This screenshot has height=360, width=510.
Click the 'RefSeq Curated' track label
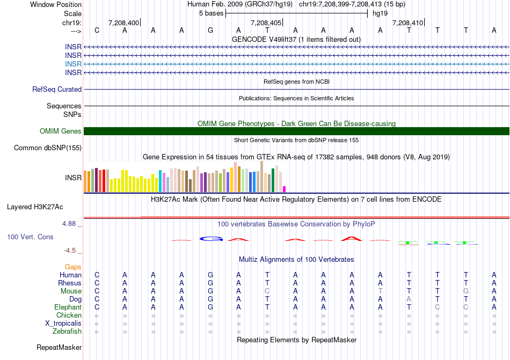point(57,90)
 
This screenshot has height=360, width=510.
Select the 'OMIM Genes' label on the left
point(61,131)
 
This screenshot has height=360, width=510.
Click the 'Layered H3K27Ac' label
point(35,207)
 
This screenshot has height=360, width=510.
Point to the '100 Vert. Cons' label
point(30,237)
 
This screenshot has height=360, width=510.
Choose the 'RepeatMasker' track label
point(59,348)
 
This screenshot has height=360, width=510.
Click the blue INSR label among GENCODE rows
point(73,64)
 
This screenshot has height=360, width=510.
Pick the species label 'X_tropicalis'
point(63,324)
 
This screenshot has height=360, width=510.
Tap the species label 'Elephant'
point(68,307)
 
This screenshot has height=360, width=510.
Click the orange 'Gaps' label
point(73,267)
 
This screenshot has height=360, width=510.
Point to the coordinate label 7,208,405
point(266,23)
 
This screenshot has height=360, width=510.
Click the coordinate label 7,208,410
point(407,23)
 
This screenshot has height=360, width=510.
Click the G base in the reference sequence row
point(210,30)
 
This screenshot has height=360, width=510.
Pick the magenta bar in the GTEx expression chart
point(285,189)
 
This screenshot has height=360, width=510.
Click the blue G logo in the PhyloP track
point(210,239)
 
